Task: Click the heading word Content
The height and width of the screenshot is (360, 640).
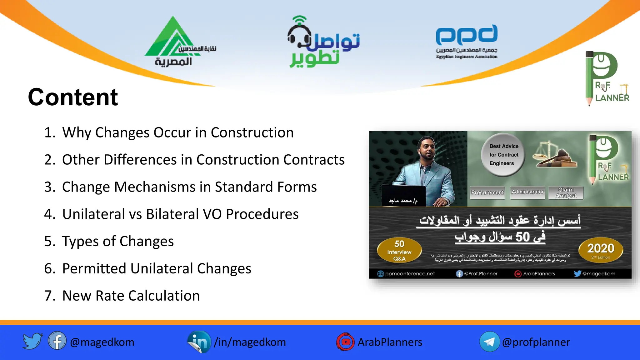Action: click(73, 97)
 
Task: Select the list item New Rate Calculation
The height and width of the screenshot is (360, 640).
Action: click(131, 296)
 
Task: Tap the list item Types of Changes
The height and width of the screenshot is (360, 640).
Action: click(118, 241)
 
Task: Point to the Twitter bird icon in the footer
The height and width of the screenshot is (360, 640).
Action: click(32, 341)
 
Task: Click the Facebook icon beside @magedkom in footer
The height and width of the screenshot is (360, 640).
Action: click(57, 341)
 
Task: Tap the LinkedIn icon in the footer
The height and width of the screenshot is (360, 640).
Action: click(199, 342)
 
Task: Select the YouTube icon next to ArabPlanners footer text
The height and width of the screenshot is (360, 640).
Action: click(345, 342)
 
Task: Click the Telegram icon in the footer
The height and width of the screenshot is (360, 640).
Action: click(489, 342)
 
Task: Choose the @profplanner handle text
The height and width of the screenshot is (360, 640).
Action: click(536, 342)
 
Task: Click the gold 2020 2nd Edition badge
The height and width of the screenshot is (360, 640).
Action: click(601, 250)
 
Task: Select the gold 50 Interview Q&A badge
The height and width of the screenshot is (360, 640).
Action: click(399, 251)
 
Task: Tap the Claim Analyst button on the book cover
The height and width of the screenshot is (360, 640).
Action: click(566, 193)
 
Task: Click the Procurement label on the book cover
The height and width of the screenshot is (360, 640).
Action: click(487, 192)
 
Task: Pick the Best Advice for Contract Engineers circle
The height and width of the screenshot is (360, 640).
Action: click(503, 155)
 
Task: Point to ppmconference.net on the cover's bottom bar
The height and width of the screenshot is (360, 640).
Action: click(409, 274)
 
